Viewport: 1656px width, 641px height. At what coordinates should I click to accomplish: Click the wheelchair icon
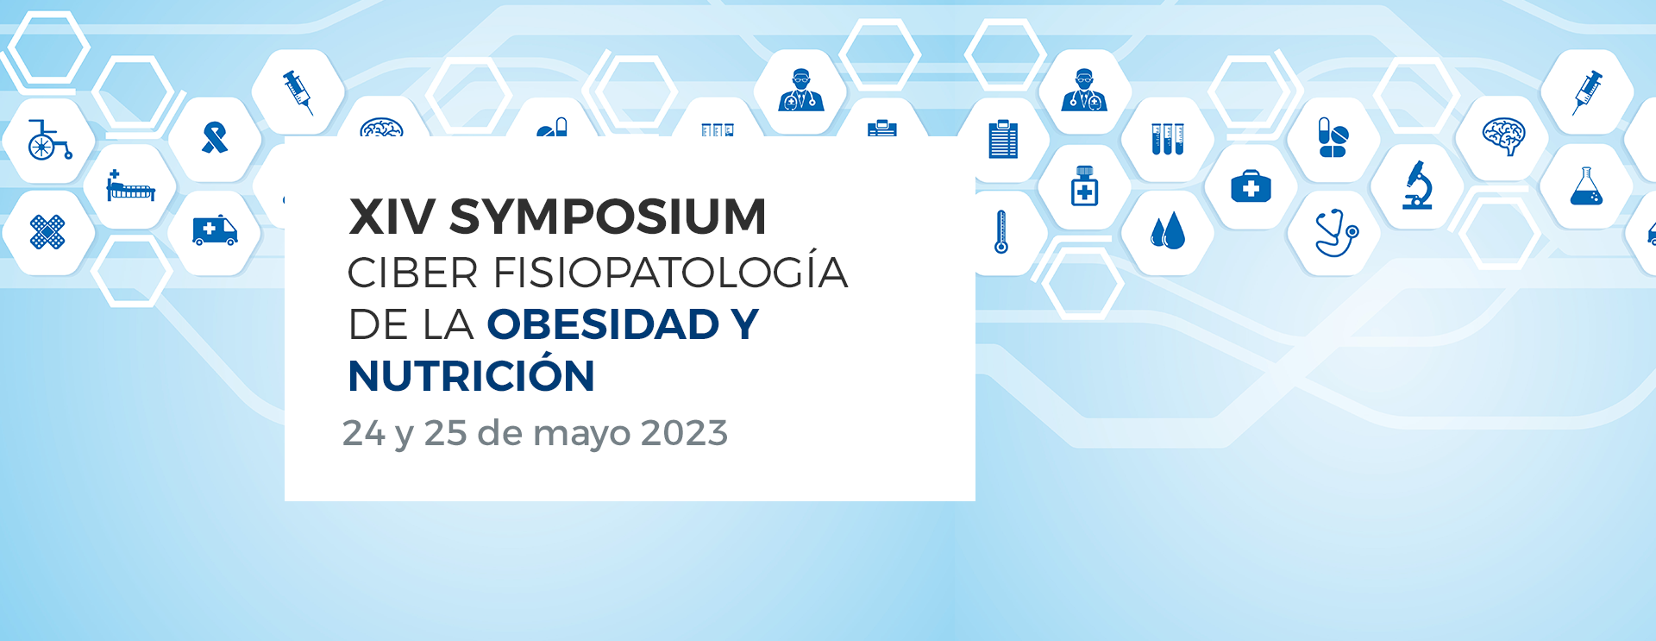47,141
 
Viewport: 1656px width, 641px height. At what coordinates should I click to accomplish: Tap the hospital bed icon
130,186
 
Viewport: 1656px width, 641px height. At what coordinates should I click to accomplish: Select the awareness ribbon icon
215,138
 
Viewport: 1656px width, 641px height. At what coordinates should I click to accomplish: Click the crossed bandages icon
47,232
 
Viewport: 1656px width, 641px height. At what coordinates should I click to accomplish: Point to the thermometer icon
1001,232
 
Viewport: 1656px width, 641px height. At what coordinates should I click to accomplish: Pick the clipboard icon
1003,140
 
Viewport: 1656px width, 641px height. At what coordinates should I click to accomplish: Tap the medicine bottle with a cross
1084,185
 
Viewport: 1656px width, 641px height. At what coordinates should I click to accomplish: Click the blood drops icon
1168,232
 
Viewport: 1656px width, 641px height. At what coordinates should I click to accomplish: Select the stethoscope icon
1335,233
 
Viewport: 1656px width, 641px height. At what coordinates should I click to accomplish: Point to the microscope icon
1418,186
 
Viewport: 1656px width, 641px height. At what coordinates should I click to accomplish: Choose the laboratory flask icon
1586,186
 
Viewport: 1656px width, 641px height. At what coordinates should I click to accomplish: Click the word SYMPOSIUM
607,217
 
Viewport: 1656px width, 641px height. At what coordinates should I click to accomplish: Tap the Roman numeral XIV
392,217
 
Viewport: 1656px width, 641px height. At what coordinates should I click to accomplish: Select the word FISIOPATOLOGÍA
670,273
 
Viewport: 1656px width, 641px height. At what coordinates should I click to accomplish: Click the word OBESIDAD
603,325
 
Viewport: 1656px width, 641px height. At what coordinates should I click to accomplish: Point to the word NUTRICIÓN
471,376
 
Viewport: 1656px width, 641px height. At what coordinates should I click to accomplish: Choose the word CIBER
412,273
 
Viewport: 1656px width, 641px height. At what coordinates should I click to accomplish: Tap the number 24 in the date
363,433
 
